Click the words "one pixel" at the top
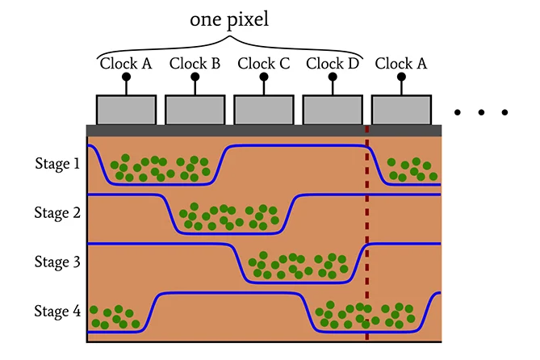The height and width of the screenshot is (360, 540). tap(228, 19)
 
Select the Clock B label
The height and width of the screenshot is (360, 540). tap(194, 63)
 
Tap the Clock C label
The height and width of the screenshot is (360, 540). tap(262, 63)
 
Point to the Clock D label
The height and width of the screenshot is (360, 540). tap(332, 63)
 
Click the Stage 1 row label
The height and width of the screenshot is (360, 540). tap(57, 164)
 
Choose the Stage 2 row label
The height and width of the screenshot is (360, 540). tap(57, 213)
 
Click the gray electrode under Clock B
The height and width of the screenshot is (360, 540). tap(195, 110)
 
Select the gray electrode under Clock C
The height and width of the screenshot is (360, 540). tap(263, 110)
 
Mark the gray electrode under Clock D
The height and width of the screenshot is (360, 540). tap(332, 110)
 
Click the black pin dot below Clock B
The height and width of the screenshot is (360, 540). tap(195, 78)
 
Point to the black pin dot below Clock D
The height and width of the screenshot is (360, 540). tap(332, 78)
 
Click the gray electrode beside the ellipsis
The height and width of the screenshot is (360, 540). tap(400, 110)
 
